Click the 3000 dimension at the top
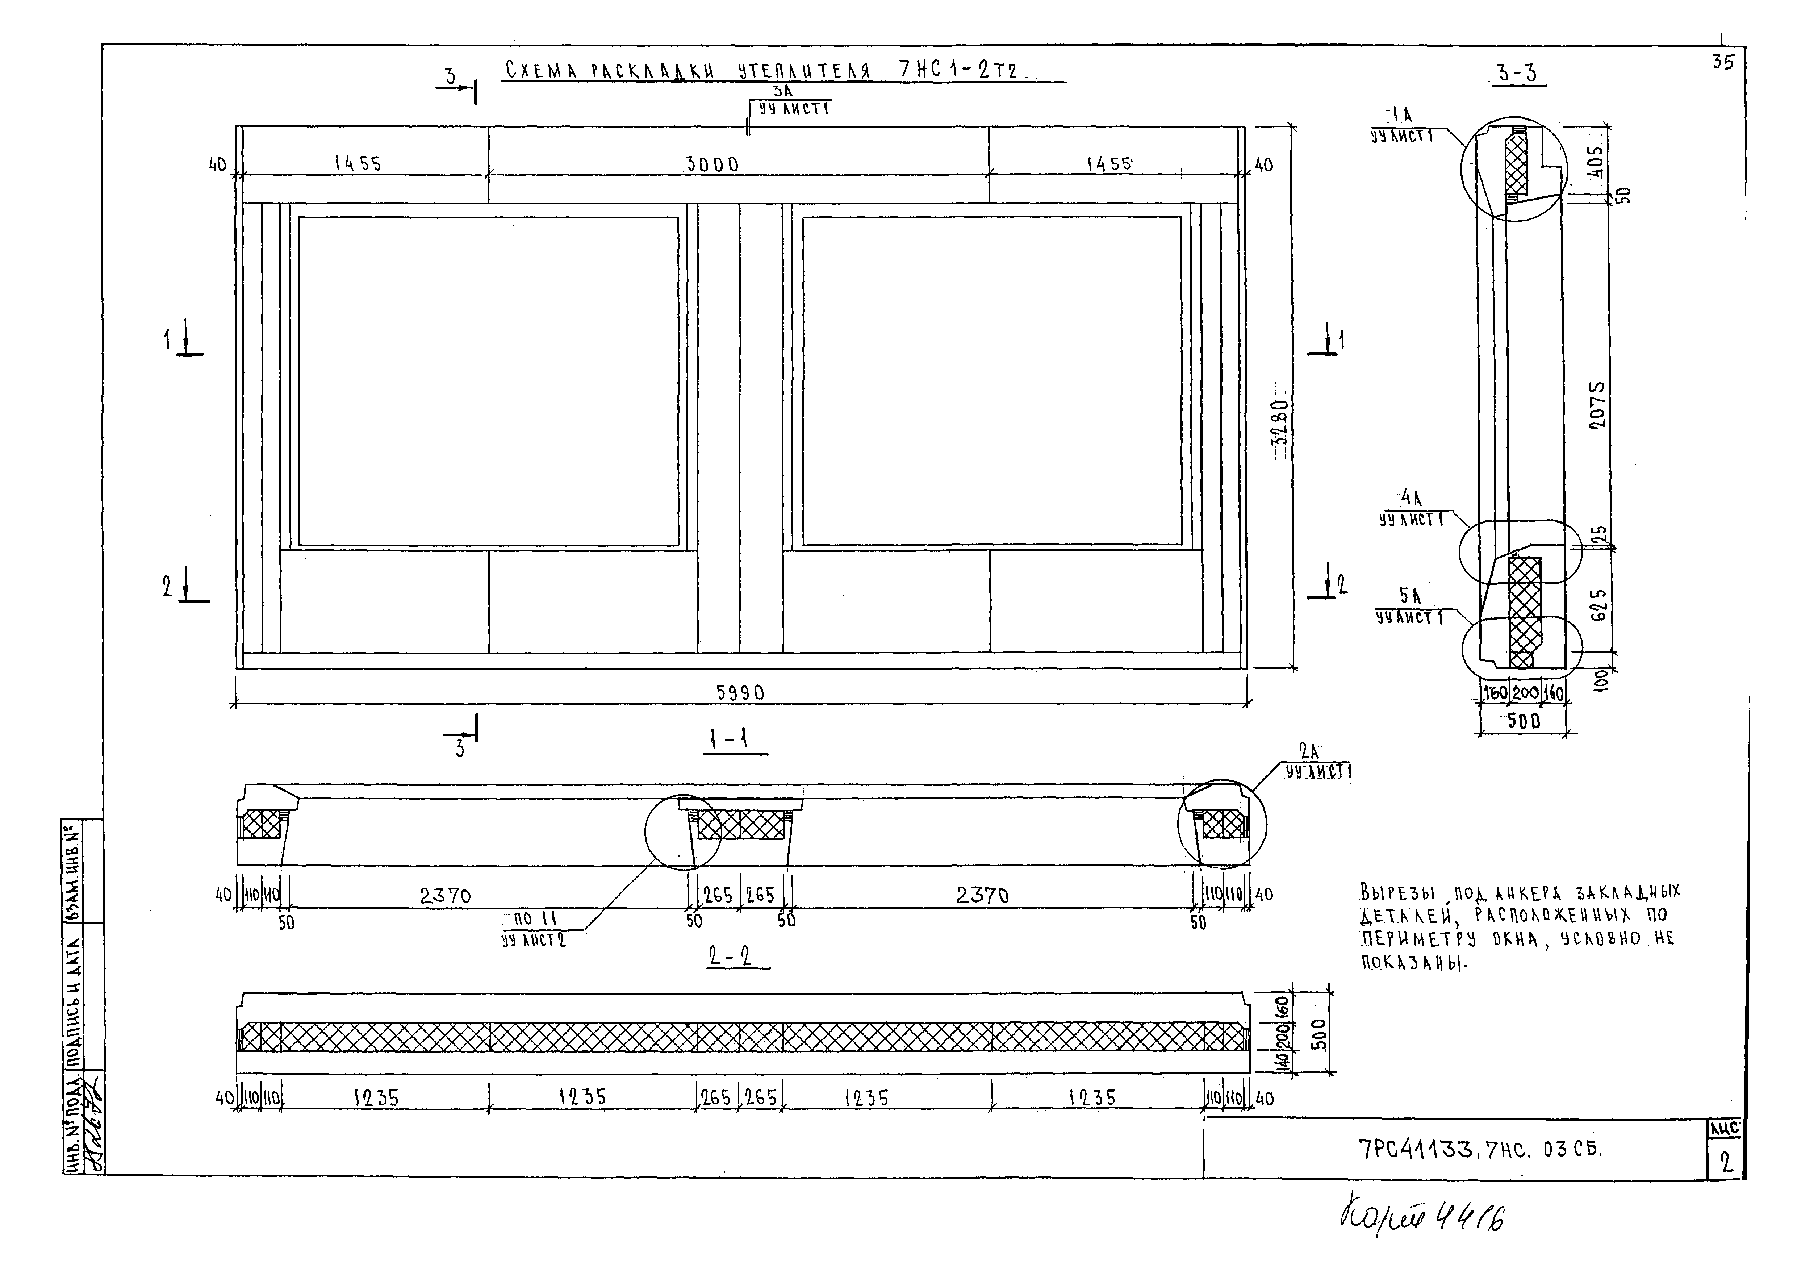(711, 164)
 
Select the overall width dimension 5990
(740, 693)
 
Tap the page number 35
(1722, 63)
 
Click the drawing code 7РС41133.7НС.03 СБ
(1479, 1149)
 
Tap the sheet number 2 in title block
(1726, 1163)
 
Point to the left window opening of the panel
(488, 381)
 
